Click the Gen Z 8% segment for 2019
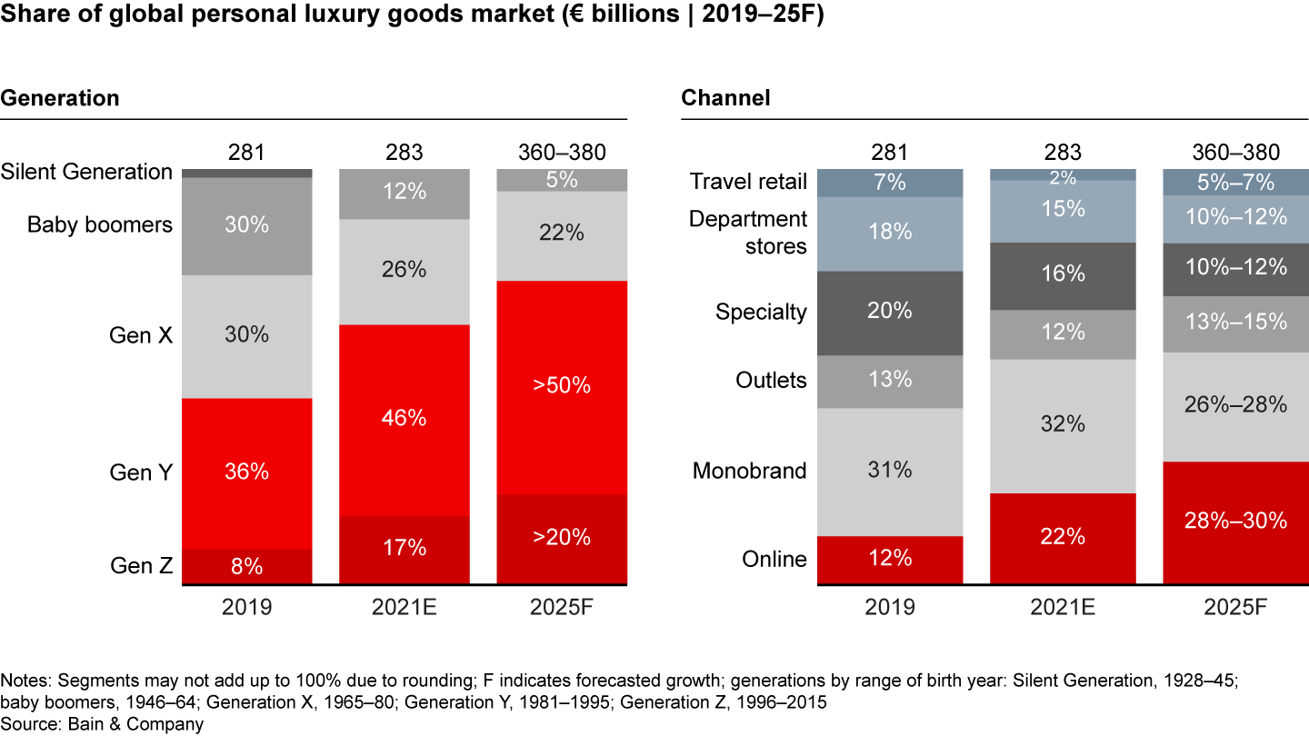(x=247, y=566)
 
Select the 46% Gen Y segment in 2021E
(x=405, y=419)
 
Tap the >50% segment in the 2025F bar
(x=562, y=386)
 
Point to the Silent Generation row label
(x=86, y=172)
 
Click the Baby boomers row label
(x=100, y=224)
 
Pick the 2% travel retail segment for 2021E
(x=1063, y=174)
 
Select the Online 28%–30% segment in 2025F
(x=1236, y=522)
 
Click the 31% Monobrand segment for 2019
(x=889, y=471)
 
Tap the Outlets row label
(x=771, y=380)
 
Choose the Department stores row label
(x=748, y=233)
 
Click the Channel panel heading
(x=725, y=98)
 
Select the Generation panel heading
(x=59, y=98)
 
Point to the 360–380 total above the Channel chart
(x=1236, y=152)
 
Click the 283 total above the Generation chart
(x=405, y=152)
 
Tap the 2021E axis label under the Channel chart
(x=1063, y=606)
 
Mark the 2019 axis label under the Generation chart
(x=247, y=606)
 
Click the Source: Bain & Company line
(x=102, y=724)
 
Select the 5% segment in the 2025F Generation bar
(x=562, y=180)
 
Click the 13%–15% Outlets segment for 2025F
(x=1236, y=321)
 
